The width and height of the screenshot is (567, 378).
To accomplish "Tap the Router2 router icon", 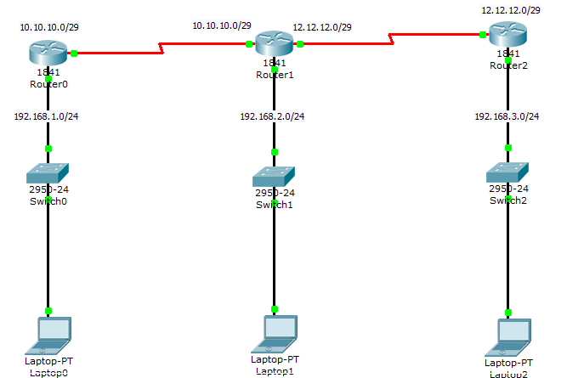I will [507, 35].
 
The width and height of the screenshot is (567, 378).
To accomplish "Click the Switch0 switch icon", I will [48, 172].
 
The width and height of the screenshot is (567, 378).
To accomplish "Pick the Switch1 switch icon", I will [275, 177].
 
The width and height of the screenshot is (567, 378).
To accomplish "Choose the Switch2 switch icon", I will [507, 171].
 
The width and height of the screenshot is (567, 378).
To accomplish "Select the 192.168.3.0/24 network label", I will [507, 116].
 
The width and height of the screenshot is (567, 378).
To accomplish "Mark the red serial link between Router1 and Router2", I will [391, 39].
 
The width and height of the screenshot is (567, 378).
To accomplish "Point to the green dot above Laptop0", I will [48, 311].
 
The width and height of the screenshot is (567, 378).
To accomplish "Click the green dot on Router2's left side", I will [483, 35].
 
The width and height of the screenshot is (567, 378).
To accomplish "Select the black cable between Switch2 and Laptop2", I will [507, 255].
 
